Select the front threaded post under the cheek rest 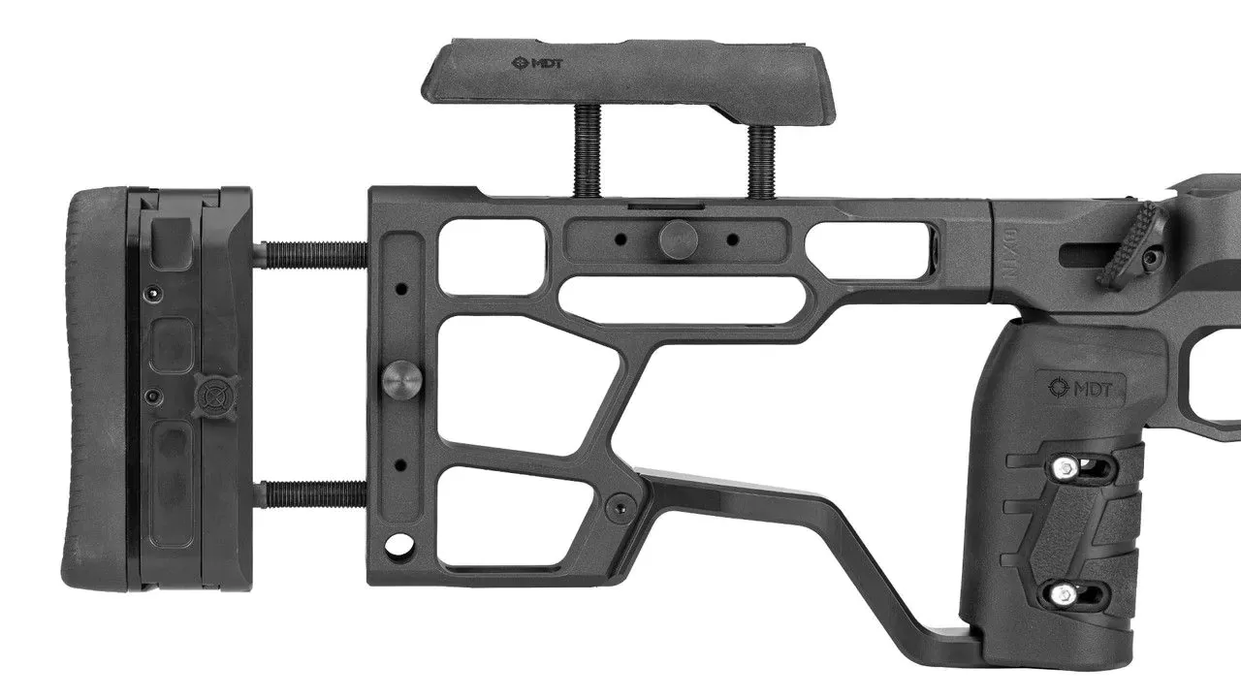[762, 161]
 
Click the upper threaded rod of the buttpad [311, 255]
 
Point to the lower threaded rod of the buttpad [311, 494]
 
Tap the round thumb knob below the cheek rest [678, 238]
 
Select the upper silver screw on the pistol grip [1067, 469]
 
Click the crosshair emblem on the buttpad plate [210, 395]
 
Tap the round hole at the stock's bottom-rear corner [398, 545]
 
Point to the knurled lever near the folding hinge [1134, 244]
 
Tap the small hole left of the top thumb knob [621, 238]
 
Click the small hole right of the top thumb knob [732, 238]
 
